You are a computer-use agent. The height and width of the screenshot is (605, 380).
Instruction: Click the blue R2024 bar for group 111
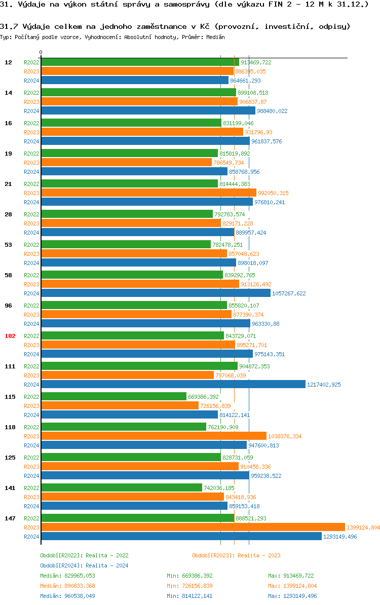[173, 385]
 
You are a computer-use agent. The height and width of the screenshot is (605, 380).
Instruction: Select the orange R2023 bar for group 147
[193, 527]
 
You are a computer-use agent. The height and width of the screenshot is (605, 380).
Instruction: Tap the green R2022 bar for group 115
[113, 397]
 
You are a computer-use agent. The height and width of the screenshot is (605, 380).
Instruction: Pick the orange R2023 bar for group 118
[154, 436]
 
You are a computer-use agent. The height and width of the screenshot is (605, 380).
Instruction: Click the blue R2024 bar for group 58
[156, 293]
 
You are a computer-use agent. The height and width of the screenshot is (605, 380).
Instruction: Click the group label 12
[9, 62]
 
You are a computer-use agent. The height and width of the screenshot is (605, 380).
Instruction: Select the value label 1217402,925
[324, 385]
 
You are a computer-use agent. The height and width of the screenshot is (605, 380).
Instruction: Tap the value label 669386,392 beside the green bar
[204, 397]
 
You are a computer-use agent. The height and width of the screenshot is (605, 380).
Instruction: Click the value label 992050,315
[273, 193]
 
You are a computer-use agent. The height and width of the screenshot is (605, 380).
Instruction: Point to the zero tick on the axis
[41, 52]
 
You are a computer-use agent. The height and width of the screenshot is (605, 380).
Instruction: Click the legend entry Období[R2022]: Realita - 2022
[84, 555]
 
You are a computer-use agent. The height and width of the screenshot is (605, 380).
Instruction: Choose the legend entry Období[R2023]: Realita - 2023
[236, 555]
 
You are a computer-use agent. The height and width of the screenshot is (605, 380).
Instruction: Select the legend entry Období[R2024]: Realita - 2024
[84, 565]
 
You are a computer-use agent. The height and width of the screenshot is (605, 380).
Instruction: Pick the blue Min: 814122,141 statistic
[189, 596]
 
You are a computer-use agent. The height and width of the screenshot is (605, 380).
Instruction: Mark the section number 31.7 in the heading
[8, 26]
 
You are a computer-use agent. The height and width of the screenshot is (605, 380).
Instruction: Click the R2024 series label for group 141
[31, 506]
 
